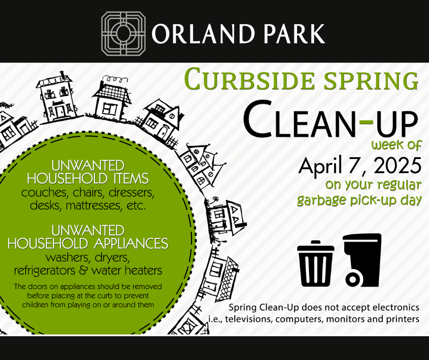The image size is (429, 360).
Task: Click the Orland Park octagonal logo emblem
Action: coord(123,34)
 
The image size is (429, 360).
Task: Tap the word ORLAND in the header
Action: coord(203,34)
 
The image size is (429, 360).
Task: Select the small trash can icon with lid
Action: coord(315,263)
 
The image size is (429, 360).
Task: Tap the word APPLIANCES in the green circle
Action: coord(131,244)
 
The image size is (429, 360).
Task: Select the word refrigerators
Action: coord(44,270)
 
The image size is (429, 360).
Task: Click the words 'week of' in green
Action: coord(397,145)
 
